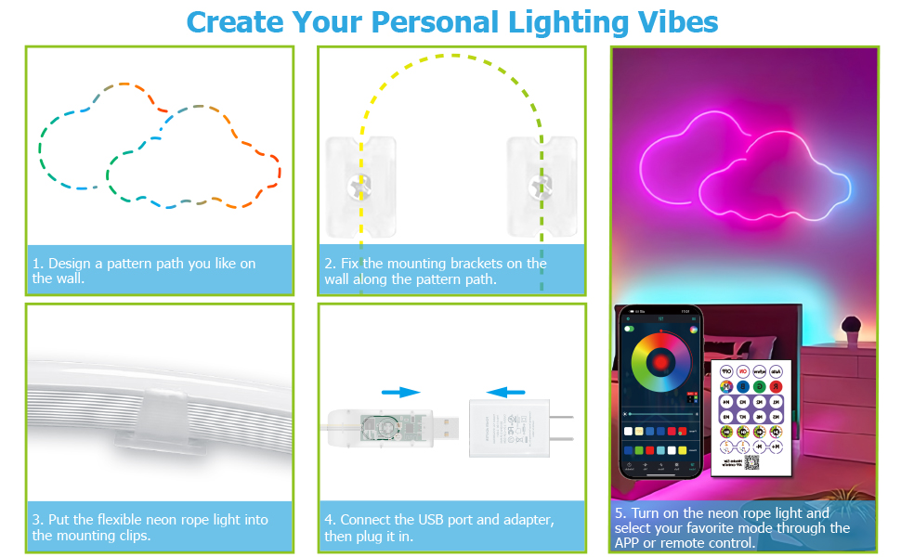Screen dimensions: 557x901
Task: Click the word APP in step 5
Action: (627, 542)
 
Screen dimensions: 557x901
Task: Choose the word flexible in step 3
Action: (120, 520)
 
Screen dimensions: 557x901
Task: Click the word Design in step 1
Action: (70, 264)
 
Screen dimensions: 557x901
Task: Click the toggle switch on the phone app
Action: (629, 328)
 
